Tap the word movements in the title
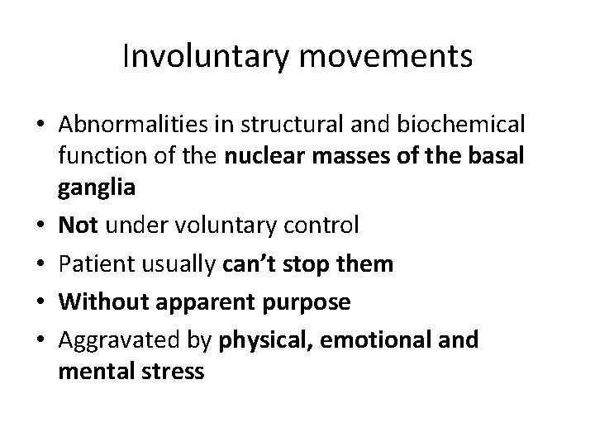click(x=388, y=57)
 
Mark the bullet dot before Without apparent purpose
click(x=40, y=303)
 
